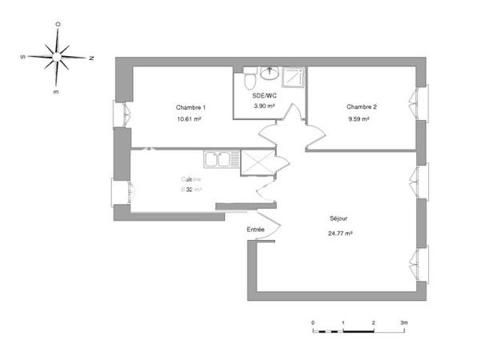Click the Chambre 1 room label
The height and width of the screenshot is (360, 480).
190,107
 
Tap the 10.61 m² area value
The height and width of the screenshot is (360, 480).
189,119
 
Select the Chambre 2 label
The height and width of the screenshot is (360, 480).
362,107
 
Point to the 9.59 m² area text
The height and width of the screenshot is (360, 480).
358,119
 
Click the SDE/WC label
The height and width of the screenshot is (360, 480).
264,94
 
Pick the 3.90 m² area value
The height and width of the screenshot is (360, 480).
264,106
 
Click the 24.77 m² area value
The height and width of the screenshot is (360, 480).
340,233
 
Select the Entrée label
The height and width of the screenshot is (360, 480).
255,230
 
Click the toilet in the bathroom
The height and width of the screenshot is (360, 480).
248,80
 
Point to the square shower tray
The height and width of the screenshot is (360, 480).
294,76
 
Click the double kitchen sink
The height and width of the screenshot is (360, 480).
218,159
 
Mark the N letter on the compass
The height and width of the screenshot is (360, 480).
91,58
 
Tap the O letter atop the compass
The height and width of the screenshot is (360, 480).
58,25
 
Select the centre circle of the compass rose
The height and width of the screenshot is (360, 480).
58,58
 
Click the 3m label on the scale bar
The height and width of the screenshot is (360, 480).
404,322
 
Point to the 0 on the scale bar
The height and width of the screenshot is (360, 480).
314,322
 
